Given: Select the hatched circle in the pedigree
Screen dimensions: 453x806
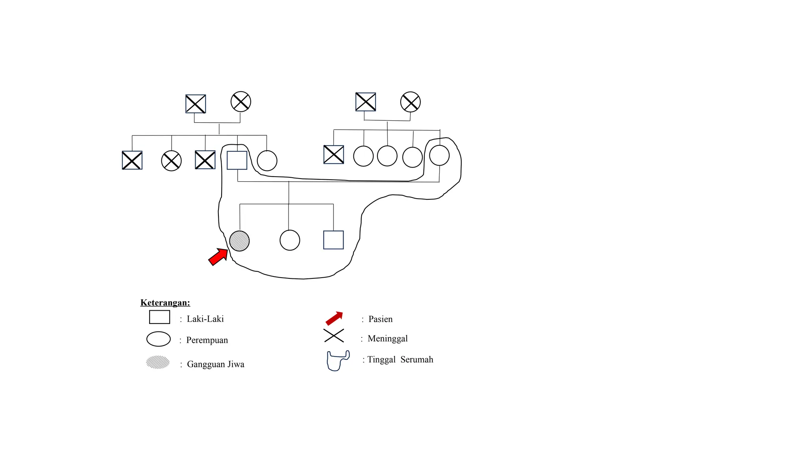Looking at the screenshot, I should click(x=239, y=241).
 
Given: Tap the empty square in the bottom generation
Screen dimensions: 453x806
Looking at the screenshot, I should click(x=333, y=240).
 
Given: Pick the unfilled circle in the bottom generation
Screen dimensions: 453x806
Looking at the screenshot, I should click(x=290, y=240).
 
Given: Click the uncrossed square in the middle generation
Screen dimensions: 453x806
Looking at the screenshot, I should click(x=237, y=160).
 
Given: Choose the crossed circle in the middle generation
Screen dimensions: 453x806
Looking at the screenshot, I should click(x=171, y=161).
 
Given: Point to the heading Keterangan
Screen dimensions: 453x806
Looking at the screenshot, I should click(x=165, y=303).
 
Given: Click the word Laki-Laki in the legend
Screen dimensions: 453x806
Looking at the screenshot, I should click(x=205, y=319).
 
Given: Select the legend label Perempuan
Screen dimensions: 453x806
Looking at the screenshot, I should click(x=207, y=340).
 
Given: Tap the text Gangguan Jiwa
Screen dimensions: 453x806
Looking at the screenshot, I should click(x=215, y=364).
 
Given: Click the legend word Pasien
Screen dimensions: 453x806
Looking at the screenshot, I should click(x=380, y=319).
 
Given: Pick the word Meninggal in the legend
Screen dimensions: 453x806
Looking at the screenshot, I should click(x=387, y=339).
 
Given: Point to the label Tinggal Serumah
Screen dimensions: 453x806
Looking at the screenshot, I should click(x=400, y=359).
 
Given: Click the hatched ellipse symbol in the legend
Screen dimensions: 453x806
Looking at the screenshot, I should click(x=158, y=362).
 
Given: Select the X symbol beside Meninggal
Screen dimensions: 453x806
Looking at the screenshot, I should click(x=334, y=336).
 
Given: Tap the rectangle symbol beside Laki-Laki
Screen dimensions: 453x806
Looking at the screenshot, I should click(x=159, y=317).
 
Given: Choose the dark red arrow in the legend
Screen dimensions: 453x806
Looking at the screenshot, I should click(x=334, y=318).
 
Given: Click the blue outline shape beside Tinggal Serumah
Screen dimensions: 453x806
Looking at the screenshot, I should click(x=338, y=361).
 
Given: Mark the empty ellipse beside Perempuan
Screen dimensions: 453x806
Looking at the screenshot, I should click(x=158, y=339).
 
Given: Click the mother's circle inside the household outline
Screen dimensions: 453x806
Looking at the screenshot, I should click(x=439, y=155).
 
